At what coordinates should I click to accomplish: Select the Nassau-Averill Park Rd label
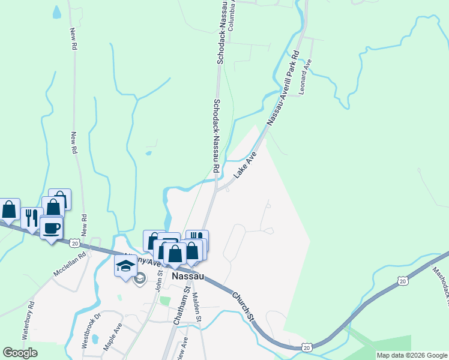point(283,88)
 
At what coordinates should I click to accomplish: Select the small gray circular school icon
point(140,278)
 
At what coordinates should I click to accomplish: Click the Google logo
point(20,353)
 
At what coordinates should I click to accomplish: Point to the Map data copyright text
point(412,355)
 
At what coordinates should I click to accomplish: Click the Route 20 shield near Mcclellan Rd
point(74,243)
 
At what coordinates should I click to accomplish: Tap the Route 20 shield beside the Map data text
point(307,347)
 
